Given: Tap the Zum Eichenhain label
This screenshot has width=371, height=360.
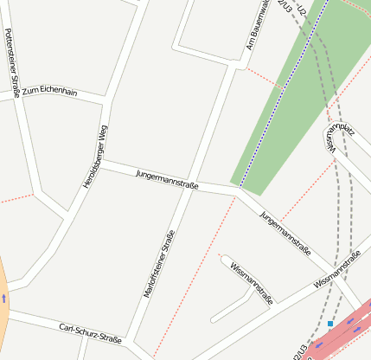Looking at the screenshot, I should click(x=50, y=92).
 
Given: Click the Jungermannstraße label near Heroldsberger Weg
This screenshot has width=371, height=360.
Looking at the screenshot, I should click(x=167, y=180).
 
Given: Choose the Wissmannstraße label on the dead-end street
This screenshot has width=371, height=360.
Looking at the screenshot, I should click(x=252, y=283).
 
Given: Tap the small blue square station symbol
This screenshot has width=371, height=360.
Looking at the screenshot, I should click(x=330, y=324).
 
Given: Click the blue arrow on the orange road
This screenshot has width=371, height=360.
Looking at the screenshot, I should click(x=3, y=297).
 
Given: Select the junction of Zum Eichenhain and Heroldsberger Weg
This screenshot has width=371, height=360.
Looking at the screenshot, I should click(x=107, y=98).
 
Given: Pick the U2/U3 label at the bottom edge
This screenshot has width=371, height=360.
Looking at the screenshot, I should click(x=301, y=350).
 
